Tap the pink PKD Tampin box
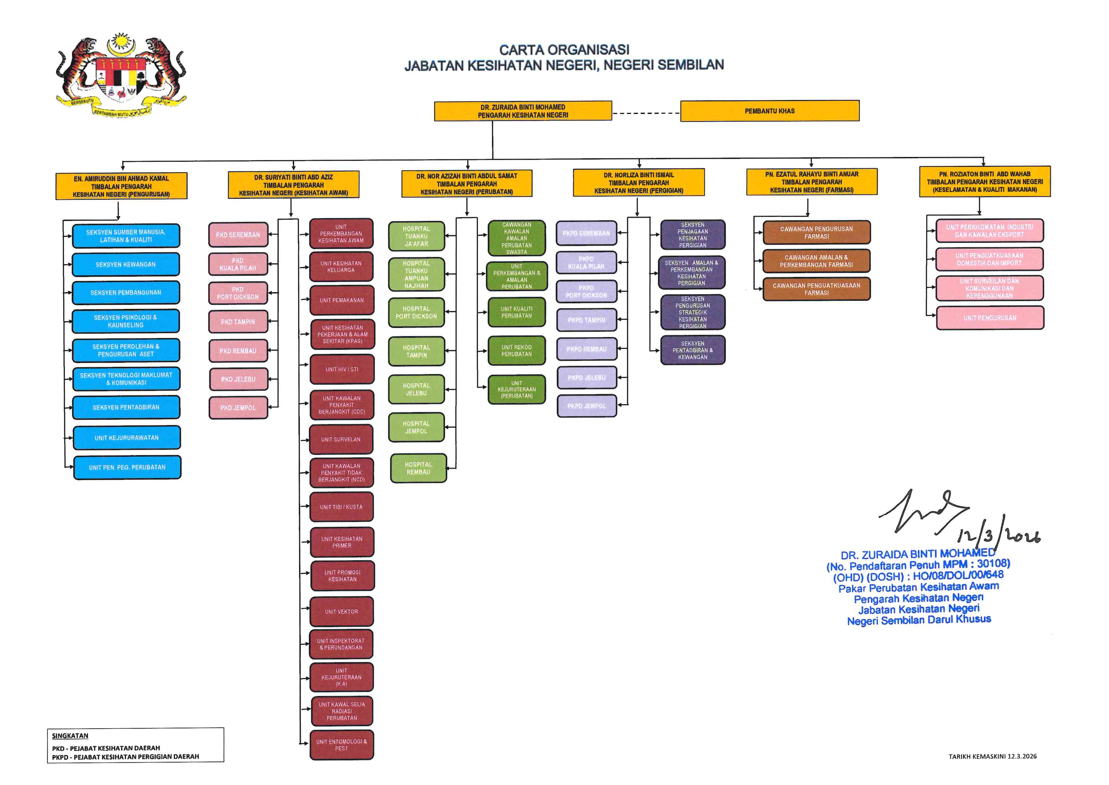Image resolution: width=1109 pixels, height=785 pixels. point(238,322)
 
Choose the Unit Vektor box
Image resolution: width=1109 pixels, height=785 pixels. point(342,612)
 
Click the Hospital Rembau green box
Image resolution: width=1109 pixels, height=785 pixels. point(418,468)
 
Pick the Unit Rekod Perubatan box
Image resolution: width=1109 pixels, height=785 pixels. point(516,350)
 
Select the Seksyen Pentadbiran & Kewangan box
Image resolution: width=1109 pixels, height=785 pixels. point(693,350)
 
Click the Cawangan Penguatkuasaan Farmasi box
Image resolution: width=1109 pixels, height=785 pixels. point(816,289)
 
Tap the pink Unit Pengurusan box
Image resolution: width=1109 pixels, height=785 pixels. point(990,317)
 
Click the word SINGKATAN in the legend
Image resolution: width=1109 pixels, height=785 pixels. point(70,736)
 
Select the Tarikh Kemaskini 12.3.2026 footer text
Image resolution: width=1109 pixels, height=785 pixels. point(992,756)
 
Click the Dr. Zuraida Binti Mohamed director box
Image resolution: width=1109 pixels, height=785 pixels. point(523,111)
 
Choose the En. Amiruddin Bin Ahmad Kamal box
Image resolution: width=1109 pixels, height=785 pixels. point(121,186)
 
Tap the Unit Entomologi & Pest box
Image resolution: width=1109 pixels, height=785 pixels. point(342,745)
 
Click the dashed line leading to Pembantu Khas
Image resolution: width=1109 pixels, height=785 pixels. point(646,113)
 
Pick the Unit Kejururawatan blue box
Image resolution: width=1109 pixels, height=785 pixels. point(126,437)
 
